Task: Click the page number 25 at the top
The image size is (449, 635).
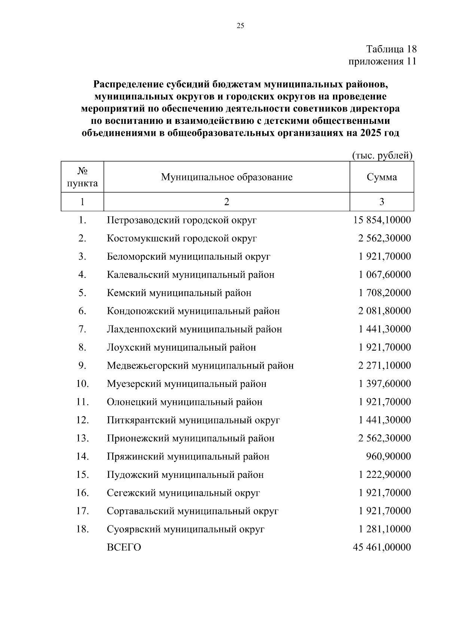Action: [x=240, y=26]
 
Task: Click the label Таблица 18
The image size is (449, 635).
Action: [x=391, y=49]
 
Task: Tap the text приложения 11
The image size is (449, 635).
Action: [x=382, y=61]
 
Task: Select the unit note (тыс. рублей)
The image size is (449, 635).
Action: [x=382, y=156]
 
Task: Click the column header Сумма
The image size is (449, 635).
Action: [x=382, y=177]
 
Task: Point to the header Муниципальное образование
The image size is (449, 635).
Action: [x=227, y=177]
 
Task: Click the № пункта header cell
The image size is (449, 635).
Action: [x=82, y=177]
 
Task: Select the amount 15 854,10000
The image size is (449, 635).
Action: [x=382, y=220]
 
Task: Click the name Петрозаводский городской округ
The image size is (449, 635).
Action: [x=181, y=220]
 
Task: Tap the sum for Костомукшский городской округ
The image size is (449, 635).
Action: [x=384, y=238]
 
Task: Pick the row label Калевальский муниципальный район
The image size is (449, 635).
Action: [x=190, y=275]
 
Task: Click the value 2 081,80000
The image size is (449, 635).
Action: [x=384, y=311]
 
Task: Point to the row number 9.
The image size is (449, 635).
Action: [x=82, y=366]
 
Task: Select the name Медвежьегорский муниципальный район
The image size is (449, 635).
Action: [x=200, y=366]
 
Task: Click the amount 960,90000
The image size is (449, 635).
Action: [x=388, y=457]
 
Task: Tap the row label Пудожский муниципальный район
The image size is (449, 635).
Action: [x=185, y=475]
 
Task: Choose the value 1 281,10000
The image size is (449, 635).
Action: [x=384, y=529]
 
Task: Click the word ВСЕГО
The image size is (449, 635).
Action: [x=124, y=547]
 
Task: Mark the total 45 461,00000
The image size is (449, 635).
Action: [x=382, y=547]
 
